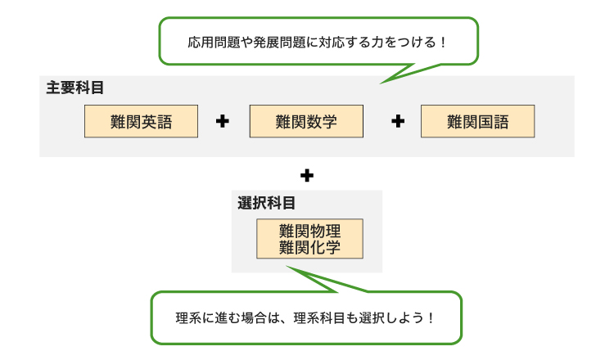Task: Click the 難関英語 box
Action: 141,121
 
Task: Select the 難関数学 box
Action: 306,121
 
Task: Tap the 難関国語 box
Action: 477,121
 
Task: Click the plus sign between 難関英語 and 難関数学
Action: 222,121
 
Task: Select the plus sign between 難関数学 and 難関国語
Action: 399,121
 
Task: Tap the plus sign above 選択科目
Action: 307,174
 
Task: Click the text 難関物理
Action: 309,232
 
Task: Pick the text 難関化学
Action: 309,247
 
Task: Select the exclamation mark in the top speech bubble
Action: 444,42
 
